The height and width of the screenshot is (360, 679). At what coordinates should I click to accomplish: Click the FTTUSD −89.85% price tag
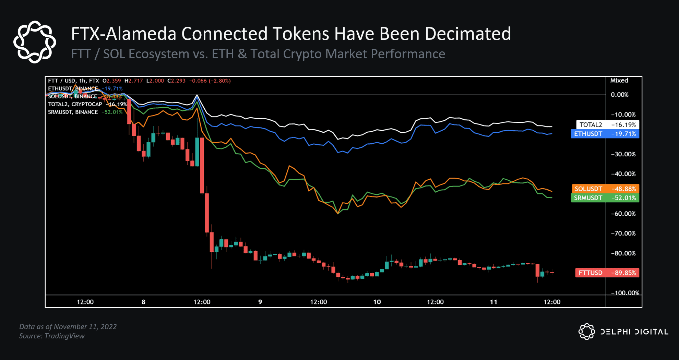(x=607, y=273)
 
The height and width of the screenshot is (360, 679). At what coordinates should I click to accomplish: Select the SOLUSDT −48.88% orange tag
(x=605, y=189)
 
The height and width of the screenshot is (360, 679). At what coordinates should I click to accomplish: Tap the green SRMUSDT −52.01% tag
(x=605, y=198)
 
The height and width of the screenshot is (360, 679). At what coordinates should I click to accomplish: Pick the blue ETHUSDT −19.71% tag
(x=605, y=134)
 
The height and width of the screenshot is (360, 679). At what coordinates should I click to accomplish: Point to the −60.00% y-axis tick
(x=623, y=214)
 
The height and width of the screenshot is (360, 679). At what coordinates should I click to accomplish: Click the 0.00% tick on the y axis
(x=619, y=95)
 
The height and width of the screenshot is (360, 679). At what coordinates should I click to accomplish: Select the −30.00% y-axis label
(x=623, y=154)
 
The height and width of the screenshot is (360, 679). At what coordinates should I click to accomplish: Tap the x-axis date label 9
(x=260, y=302)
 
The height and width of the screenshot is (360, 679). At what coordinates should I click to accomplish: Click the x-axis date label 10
(x=377, y=302)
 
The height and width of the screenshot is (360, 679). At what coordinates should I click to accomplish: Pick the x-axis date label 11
(x=493, y=302)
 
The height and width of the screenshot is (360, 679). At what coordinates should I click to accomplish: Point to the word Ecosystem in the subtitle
(x=146, y=54)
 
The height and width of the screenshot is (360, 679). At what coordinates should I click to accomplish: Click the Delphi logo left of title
(x=35, y=42)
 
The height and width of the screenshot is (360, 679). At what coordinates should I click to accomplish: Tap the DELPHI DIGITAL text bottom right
(x=634, y=332)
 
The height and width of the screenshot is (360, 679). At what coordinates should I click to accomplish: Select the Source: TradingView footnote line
(x=52, y=336)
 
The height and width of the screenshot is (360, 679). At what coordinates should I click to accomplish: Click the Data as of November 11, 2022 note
(x=68, y=326)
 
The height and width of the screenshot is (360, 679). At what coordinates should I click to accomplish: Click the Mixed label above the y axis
(x=619, y=81)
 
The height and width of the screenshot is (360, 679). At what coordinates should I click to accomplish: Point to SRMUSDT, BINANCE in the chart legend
(x=73, y=112)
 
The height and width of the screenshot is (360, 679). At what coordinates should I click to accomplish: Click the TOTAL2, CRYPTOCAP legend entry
(x=75, y=104)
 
